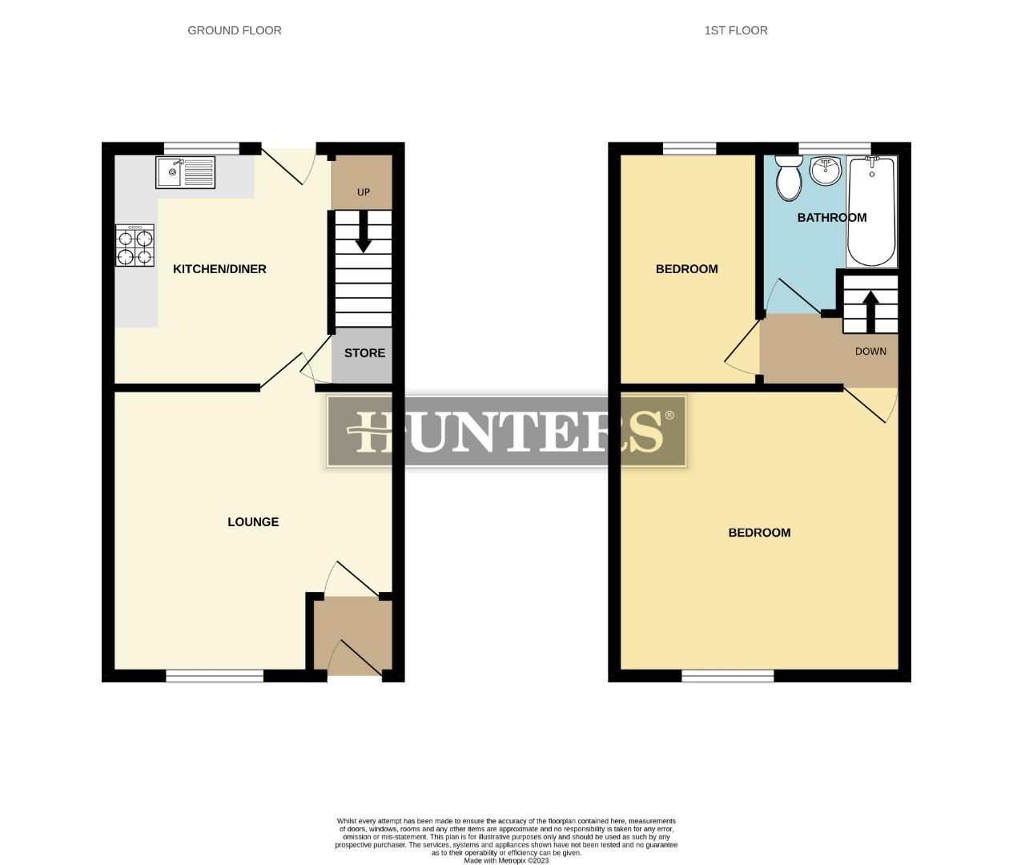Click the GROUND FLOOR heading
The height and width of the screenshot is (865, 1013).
(x=234, y=30)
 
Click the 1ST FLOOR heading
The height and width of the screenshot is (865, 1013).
(x=735, y=30)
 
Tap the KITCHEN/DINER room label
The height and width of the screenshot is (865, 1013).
(x=219, y=269)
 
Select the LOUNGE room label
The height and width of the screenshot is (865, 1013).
(x=253, y=522)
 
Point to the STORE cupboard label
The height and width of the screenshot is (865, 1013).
(x=364, y=353)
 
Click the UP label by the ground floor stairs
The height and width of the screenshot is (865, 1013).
(x=364, y=192)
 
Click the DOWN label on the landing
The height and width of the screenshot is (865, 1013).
(x=870, y=352)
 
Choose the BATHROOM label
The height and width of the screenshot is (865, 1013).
(x=831, y=218)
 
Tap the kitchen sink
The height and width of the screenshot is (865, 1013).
(x=185, y=172)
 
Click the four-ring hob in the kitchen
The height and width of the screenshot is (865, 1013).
(x=135, y=245)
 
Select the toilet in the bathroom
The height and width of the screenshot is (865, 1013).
(x=789, y=178)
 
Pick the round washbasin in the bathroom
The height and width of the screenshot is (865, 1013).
(x=825, y=170)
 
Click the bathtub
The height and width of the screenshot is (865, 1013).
(x=872, y=212)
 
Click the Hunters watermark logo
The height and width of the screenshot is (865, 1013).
(x=506, y=432)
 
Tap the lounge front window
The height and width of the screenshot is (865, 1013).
(x=215, y=677)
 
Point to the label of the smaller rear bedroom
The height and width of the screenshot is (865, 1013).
(x=686, y=269)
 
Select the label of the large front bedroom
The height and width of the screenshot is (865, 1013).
(x=759, y=533)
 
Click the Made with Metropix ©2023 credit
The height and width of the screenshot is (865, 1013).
(x=506, y=860)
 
